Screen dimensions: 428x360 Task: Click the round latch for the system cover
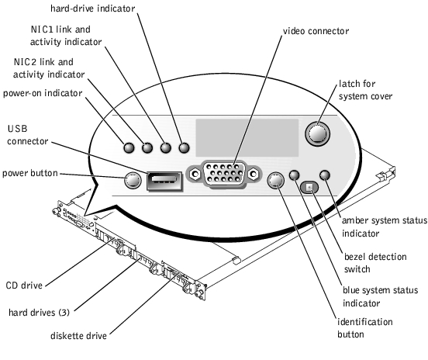click(x=317, y=133)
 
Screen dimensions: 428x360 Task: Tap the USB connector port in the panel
click(x=164, y=181)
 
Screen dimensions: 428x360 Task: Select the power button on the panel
click(x=133, y=180)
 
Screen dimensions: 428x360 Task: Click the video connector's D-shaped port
click(x=224, y=173)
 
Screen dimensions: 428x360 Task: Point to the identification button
click(x=276, y=181)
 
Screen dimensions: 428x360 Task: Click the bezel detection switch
click(x=309, y=187)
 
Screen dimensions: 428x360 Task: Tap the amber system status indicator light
click(x=325, y=175)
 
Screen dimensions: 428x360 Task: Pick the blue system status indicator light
click(x=294, y=175)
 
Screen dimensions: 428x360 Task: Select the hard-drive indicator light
click(x=184, y=147)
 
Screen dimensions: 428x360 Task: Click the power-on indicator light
click(x=129, y=147)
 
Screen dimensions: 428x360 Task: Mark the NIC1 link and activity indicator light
click(x=166, y=147)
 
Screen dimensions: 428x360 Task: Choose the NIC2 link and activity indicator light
click(x=147, y=147)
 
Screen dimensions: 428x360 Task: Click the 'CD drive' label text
click(x=24, y=286)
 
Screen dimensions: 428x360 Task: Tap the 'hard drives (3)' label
click(x=39, y=312)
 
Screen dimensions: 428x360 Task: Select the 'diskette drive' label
click(x=78, y=336)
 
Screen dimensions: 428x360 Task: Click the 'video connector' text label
click(x=316, y=31)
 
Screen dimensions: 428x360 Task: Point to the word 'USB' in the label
click(x=18, y=129)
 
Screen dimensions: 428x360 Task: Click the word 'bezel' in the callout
click(x=355, y=257)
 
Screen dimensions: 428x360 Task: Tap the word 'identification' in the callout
click(x=365, y=322)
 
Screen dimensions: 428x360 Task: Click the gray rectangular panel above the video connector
click(x=247, y=137)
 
